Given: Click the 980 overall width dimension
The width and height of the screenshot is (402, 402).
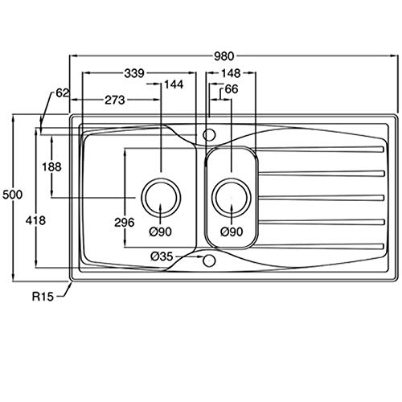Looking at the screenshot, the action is click(x=224, y=56).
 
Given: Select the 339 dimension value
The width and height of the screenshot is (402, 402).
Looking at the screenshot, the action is click(x=134, y=73).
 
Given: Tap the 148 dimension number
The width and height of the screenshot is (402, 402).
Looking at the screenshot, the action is click(x=231, y=73).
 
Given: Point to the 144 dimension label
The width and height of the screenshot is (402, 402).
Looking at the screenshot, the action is click(x=174, y=84).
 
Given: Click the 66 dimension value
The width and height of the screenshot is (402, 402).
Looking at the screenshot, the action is click(x=232, y=89).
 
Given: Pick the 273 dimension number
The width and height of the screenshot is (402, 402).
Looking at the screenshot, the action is click(x=115, y=100).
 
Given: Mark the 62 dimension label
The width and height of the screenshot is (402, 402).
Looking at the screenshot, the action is click(x=63, y=93).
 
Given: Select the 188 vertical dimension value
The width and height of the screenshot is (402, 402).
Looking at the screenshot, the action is click(x=51, y=167).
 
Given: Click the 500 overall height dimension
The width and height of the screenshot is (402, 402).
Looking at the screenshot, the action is click(x=12, y=195).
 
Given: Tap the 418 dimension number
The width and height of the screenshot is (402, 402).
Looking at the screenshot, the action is click(x=35, y=221).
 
